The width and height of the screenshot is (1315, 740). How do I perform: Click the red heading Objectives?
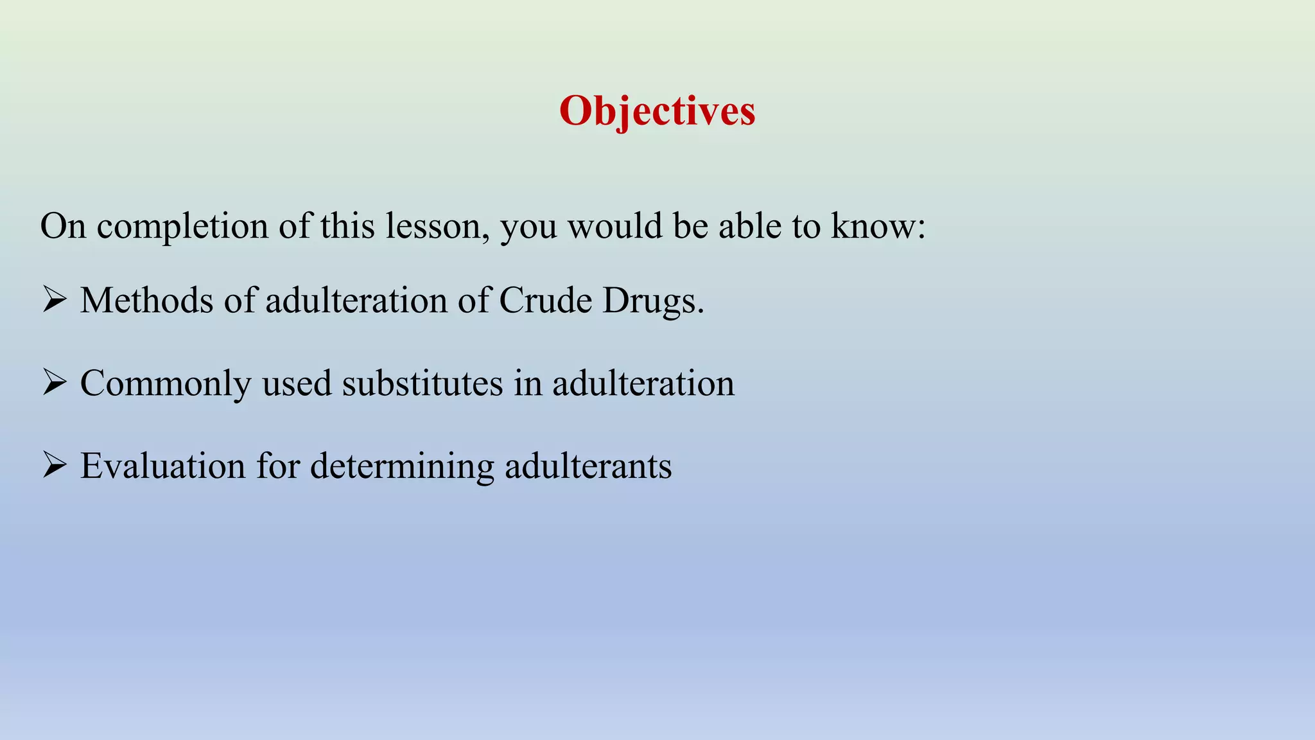[x=657, y=111]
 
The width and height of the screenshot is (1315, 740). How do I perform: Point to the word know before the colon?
[x=873, y=227]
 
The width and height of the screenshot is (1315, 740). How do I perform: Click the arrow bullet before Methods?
[x=55, y=300]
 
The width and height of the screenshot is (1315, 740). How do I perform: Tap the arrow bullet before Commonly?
[x=55, y=383]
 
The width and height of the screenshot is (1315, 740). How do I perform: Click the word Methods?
[x=146, y=301]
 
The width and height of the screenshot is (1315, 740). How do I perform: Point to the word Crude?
[x=545, y=301]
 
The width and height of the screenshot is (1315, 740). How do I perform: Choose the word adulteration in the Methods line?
[x=356, y=301]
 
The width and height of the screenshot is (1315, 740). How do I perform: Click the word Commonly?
[x=166, y=384]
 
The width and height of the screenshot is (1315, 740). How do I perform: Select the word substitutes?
[x=422, y=383]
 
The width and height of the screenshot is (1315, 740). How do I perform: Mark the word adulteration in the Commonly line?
[x=643, y=383]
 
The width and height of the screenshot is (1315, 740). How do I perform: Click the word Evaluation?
[x=162, y=466]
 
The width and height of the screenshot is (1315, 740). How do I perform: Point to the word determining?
[x=402, y=467]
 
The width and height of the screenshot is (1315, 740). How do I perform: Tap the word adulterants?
[x=588, y=466]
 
